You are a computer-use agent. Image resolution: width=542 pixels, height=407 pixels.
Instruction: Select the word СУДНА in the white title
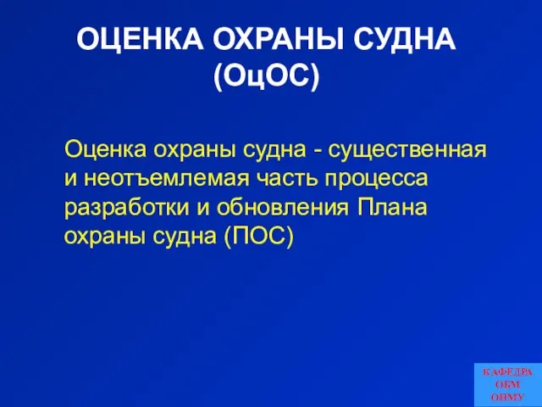(x=405, y=39)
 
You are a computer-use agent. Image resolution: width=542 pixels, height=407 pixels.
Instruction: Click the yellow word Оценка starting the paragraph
(x=105, y=149)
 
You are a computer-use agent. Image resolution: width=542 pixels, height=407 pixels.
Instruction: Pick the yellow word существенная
(x=407, y=150)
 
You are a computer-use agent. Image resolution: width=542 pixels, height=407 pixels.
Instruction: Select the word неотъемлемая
(x=166, y=179)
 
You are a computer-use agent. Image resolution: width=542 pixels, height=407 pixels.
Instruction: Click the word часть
(x=286, y=179)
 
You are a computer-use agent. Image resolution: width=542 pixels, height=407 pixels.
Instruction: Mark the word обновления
(x=282, y=208)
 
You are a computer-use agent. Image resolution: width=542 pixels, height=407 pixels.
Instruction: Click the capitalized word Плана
(x=391, y=207)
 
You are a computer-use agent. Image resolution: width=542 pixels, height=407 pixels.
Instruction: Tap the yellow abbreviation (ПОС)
(x=259, y=237)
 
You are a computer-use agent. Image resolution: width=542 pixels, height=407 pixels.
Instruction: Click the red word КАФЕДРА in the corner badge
(x=507, y=372)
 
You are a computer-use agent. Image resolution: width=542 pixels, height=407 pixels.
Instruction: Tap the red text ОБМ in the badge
(x=507, y=384)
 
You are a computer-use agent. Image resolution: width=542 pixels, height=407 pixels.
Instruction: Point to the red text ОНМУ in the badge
(x=507, y=397)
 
